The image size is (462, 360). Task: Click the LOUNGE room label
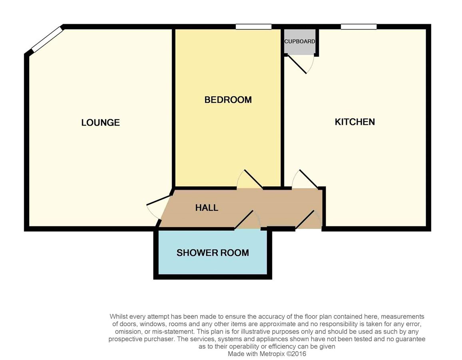coord(100,122)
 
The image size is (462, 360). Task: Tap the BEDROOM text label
coord(228,100)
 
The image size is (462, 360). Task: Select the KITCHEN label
coord(355,122)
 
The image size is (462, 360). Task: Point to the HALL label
coord(207,208)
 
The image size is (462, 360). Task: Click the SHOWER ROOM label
coord(213,253)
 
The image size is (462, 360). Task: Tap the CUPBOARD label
coord(299,42)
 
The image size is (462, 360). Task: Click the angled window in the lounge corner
coord(48,40)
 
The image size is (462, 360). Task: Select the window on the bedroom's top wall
coord(253,27)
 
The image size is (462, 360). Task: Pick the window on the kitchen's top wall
coord(358,27)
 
